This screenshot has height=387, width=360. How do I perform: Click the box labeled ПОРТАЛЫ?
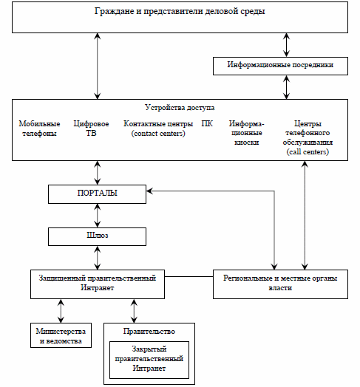pos(97,194)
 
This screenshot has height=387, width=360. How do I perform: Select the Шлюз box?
pos(97,236)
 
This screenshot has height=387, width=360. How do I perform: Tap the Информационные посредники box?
pos(280,66)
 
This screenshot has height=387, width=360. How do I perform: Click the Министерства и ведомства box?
pos(61,335)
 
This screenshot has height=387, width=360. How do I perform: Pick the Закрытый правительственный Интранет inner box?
pos(149,360)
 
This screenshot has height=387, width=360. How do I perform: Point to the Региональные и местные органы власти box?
pos(280,284)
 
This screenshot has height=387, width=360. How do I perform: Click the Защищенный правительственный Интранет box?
pos(98,284)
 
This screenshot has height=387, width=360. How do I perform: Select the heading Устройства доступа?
pos(180,108)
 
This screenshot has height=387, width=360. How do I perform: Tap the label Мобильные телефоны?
pos(39,129)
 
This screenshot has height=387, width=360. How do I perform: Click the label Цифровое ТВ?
pos(91,129)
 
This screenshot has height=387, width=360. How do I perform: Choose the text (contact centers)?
pos(158,134)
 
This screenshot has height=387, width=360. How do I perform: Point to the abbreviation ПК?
pos(207,123)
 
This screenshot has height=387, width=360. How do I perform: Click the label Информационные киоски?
pos(246,133)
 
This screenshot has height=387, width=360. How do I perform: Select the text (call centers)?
pos(308,152)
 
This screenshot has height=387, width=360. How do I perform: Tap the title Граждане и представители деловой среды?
pos(180,11)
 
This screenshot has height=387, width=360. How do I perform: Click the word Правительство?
pos(149,331)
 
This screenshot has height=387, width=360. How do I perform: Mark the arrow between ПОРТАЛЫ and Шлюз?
pos(98,216)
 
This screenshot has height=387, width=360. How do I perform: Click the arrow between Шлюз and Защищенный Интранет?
pos(98,258)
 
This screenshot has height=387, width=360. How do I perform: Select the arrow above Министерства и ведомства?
pos(61,311)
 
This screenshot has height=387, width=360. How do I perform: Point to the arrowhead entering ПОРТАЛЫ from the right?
pos(149,191)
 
